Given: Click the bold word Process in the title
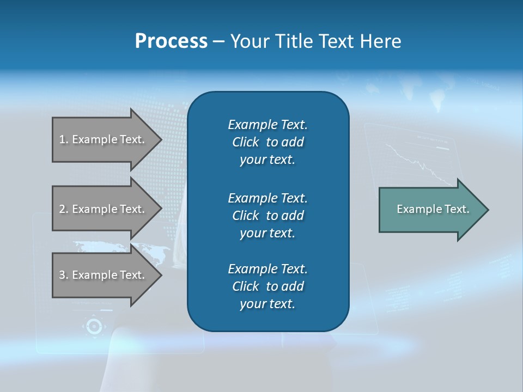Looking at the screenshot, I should click(171, 41).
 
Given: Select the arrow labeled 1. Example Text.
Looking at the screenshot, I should click(104, 139).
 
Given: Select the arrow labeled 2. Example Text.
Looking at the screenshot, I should click(104, 209).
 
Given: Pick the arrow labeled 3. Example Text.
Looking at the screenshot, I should click(104, 275).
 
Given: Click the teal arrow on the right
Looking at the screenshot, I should click(430, 210).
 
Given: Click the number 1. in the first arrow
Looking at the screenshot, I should click(64, 139).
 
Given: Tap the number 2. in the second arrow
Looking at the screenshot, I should click(64, 209).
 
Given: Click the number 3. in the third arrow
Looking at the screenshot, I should click(64, 275).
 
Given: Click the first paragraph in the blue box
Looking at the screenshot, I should click(267, 142).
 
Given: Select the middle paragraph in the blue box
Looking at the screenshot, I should click(267, 215).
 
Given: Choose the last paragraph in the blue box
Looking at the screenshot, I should click(267, 286).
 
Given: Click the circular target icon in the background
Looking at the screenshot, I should click(94, 326).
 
